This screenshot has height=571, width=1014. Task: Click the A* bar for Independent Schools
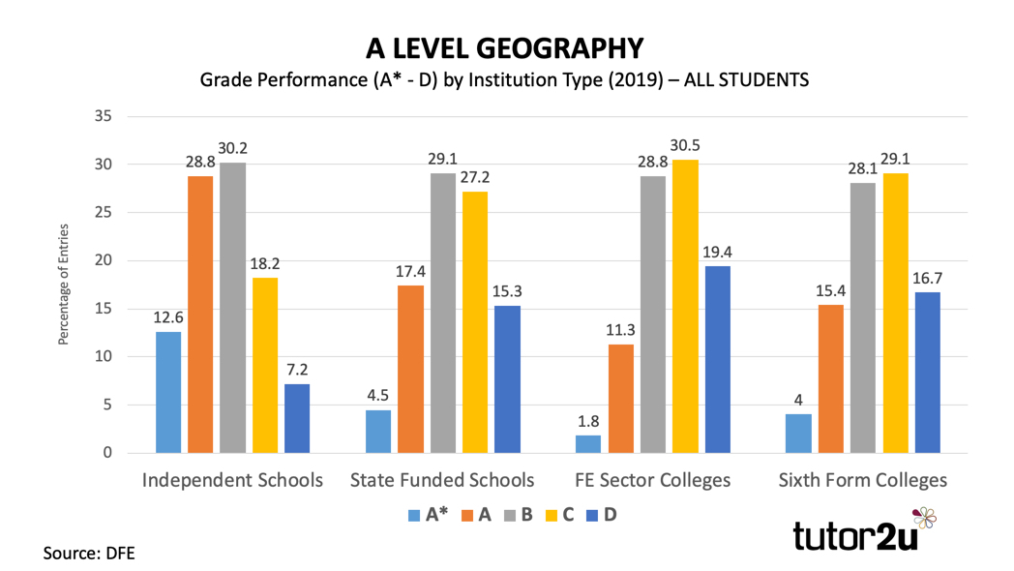pos(168,392)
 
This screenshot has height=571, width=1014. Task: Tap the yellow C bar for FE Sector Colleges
pos(685,306)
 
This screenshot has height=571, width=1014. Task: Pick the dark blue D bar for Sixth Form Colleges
pos(927,372)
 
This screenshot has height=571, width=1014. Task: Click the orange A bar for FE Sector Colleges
pos(620,398)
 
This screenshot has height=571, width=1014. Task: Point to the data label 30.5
pos(685,145)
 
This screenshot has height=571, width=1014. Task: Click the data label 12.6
pos(168,317)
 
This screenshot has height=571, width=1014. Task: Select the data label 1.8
pos(587,421)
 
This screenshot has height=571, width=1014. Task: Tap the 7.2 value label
pos(297,370)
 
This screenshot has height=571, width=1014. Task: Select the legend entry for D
pos(601,514)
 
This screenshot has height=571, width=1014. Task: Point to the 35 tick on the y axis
pos(102,116)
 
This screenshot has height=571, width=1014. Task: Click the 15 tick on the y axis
pos(102,309)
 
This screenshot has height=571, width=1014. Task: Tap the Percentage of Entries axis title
pos(64,285)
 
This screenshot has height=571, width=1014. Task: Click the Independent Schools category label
pos(232,480)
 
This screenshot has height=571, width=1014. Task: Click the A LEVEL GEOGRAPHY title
pos(504,48)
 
